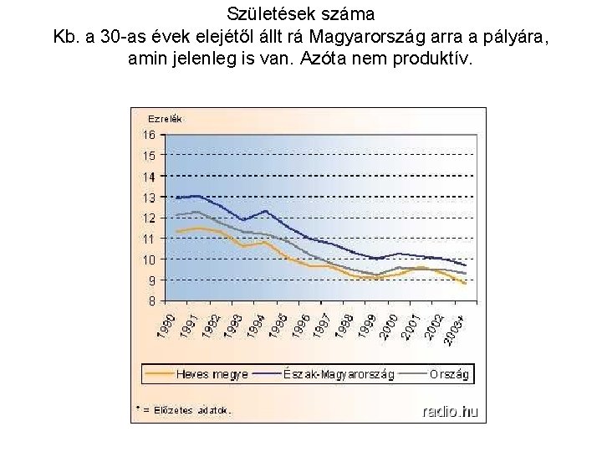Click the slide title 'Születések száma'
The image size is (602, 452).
(x=300, y=14)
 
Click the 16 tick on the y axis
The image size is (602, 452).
(x=148, y=135)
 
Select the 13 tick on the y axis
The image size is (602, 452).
(x=148, y=198)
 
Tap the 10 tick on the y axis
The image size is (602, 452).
(x=148, y=259)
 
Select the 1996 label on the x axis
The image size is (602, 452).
(x=304, y=325)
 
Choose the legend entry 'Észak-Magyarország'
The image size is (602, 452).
(x=339, y=374)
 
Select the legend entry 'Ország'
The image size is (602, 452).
(x=449, y=374)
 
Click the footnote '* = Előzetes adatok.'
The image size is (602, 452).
(x=183, y=410)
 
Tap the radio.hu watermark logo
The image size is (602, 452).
(x=450, y=410)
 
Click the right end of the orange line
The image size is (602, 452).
(x=465, y=284)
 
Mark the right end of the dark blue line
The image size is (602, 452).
(x=465, y=265)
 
